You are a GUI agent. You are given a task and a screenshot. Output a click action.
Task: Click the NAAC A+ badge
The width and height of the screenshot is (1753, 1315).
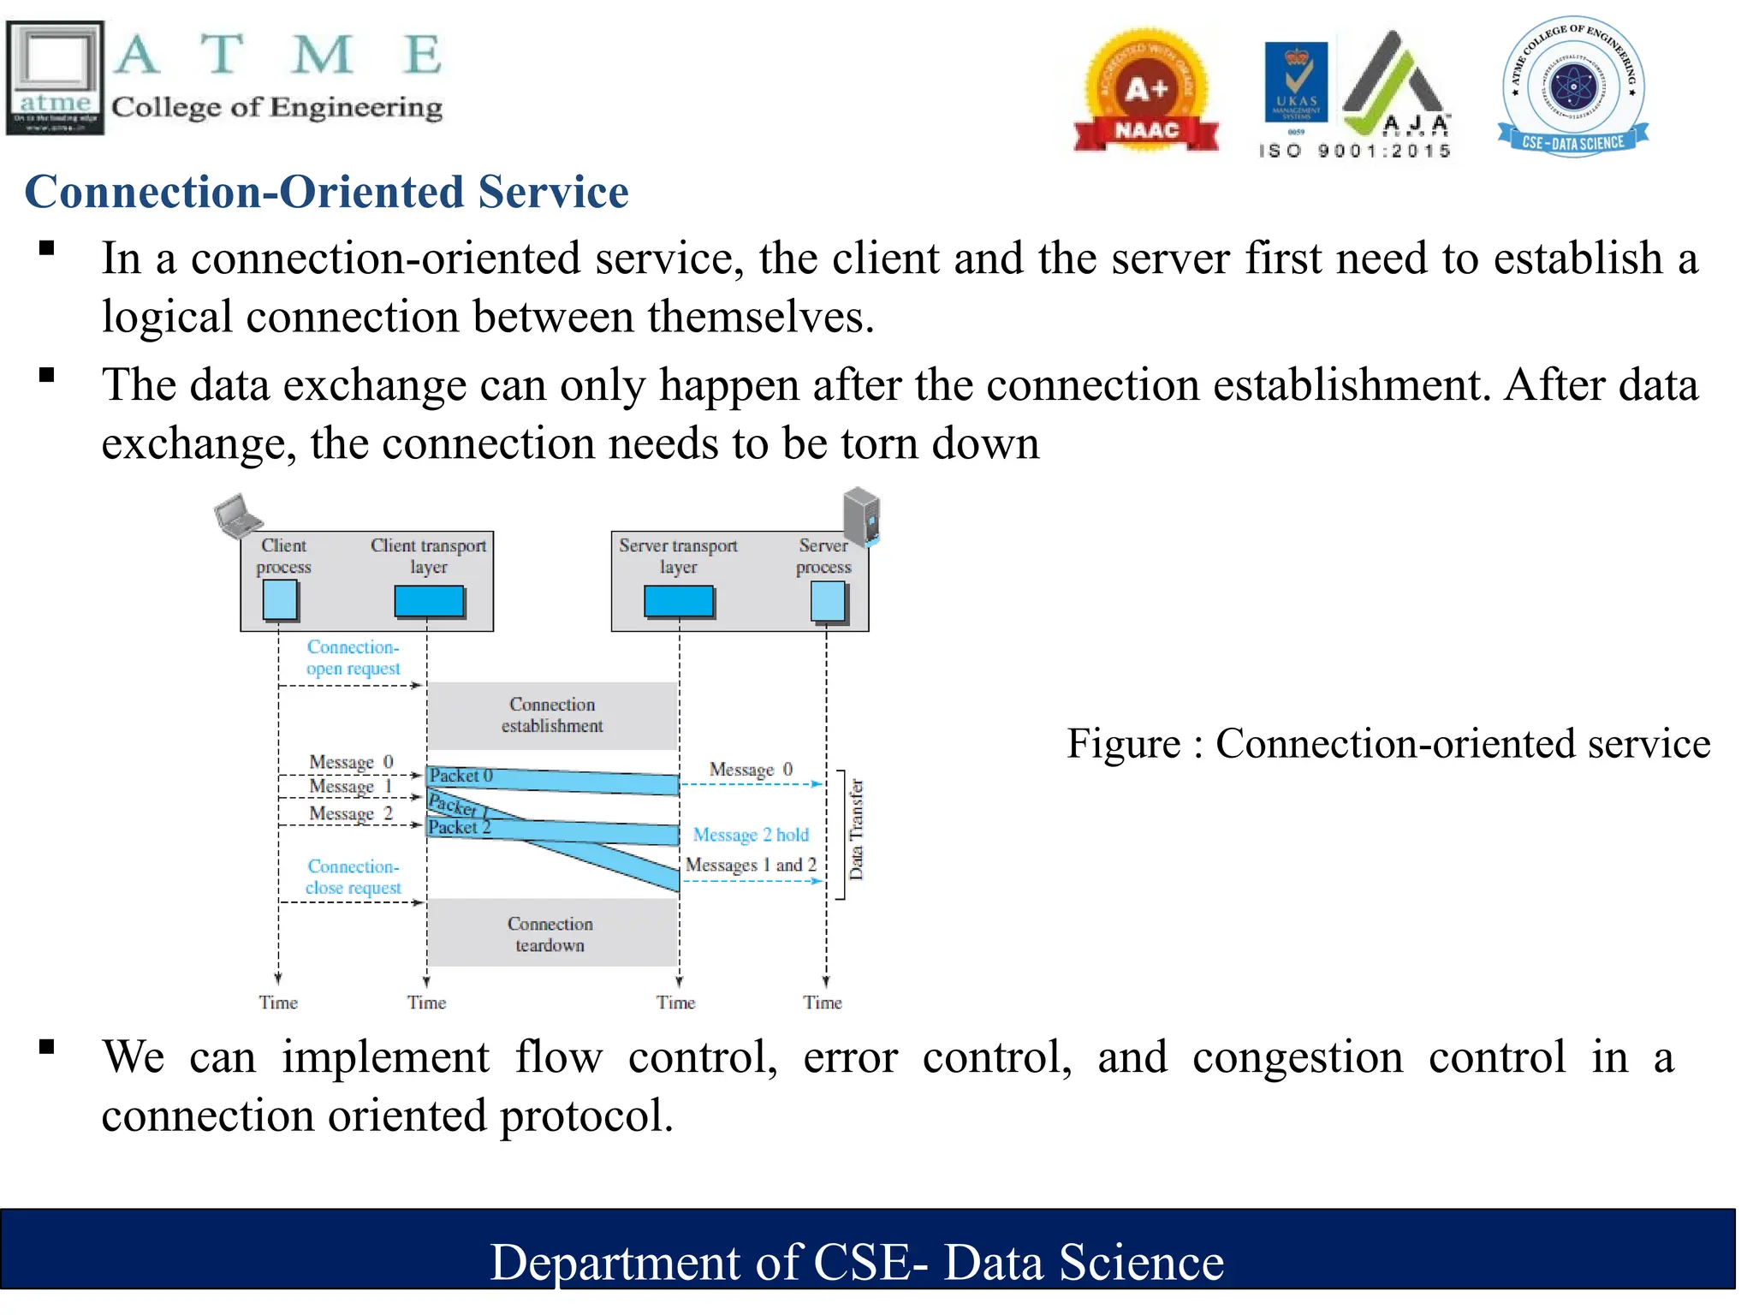click(1145, 92)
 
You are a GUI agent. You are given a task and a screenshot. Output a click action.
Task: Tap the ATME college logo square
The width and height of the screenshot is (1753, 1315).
click(56, 77)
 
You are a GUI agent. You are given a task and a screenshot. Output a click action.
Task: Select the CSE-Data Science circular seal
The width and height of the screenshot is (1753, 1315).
click(1573, 86)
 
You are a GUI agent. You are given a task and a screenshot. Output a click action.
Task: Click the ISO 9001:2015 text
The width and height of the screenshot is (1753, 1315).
click(1354, 151)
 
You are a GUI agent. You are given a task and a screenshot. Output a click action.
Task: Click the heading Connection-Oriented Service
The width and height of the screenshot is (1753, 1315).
click(326, 191)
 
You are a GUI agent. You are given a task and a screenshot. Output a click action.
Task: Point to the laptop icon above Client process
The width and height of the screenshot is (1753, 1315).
click(237, 515)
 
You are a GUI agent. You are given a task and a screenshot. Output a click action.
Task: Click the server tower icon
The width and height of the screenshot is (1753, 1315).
click(861, 516)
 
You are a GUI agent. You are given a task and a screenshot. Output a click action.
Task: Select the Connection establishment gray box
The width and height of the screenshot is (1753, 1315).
click(552, 716)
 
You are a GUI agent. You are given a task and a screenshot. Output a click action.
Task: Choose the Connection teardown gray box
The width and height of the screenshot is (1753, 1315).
click(550, 934)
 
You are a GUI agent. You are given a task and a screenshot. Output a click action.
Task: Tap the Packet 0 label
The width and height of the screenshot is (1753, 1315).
click(461, 776)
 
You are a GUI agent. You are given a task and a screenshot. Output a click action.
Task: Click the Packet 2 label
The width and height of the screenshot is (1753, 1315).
click(459, 827)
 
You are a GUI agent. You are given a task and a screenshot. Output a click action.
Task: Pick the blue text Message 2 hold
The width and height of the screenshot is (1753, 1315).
click(751, 835)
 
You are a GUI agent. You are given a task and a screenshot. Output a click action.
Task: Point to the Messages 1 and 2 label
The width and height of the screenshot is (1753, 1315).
click(751, 865)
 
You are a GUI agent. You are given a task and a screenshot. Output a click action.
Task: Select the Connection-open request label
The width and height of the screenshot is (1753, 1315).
click(353, 657)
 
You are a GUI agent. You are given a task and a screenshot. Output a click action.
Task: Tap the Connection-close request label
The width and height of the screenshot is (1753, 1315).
click(353, 878)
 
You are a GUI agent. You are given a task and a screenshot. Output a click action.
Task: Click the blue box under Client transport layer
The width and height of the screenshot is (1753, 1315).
click(429, 601)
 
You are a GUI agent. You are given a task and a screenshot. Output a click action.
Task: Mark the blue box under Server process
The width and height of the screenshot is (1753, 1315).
click(828, 602)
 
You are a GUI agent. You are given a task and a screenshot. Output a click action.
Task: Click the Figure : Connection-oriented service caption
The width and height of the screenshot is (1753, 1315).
click(1388, 743)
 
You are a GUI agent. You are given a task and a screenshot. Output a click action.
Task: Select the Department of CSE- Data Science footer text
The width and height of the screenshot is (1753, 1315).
click(857, 1262)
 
